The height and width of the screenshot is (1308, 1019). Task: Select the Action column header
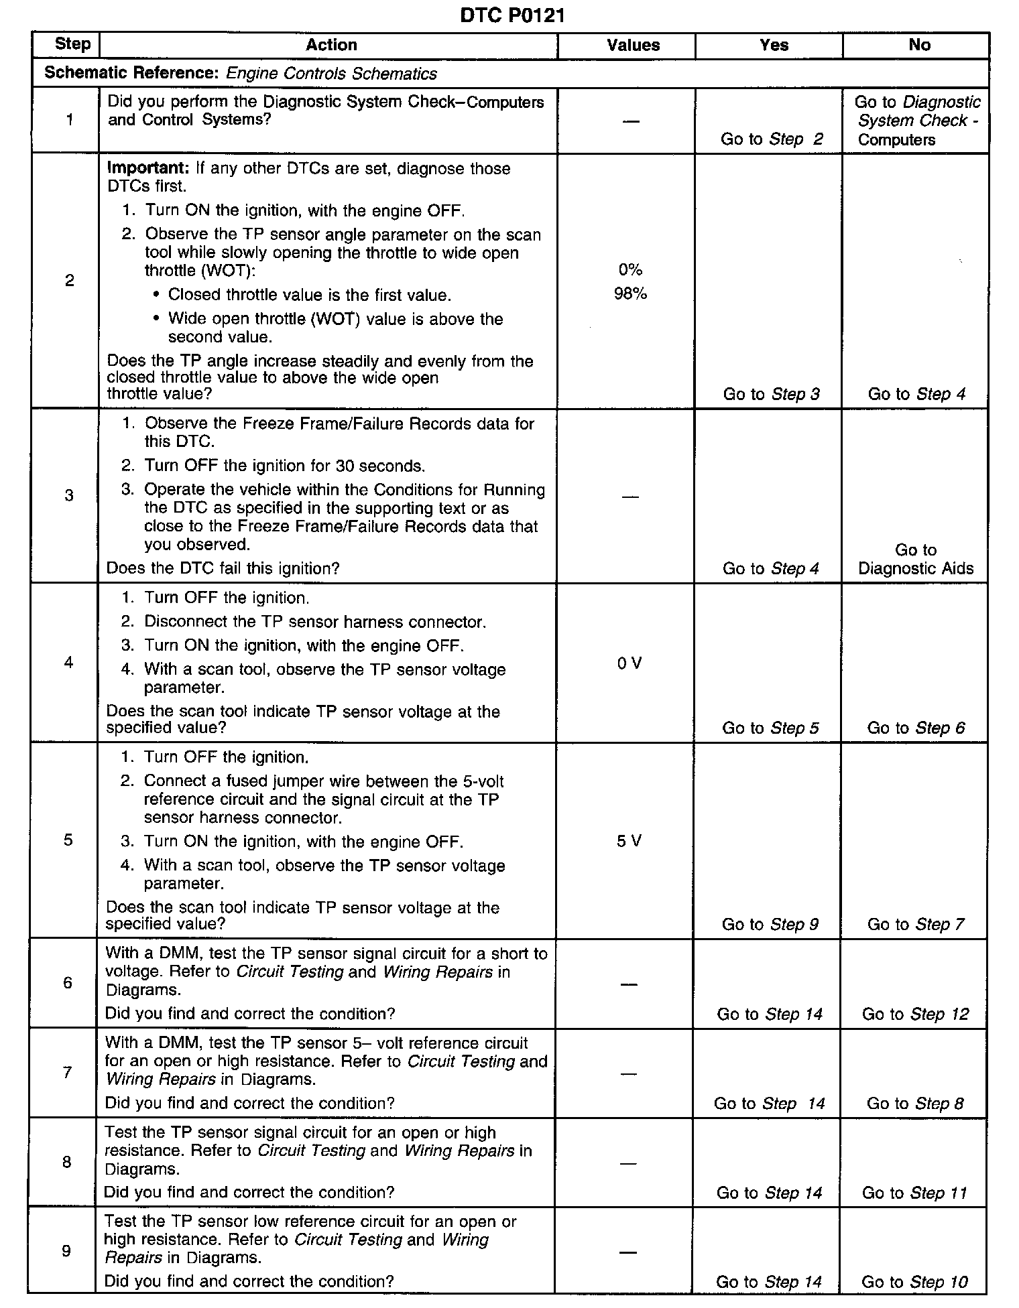coord(331,45)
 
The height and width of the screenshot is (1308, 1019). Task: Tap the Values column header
coord(633,45)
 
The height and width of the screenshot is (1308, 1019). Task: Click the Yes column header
coord(774,45)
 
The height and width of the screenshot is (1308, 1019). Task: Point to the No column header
coord(919,45)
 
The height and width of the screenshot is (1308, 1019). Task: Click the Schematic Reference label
coord(131,73)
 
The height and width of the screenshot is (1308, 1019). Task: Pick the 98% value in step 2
coord(630,293)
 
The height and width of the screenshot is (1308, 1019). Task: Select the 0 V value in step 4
coord(629,663)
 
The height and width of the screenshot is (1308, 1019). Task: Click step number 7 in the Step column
coord(67,1072)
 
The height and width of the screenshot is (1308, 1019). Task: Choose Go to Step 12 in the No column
coord(915,1014)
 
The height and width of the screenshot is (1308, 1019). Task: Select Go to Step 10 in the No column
coord(914,1282)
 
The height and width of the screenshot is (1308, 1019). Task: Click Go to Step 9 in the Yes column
coord(770,924)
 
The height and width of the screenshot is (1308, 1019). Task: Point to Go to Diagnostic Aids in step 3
coord(916,560)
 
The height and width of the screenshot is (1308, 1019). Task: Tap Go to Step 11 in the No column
coord(914,1193)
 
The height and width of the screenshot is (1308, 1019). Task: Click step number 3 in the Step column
coord(68,495)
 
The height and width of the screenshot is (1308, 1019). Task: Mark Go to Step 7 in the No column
coord(915,924)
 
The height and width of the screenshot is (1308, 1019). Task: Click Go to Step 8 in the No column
coord(915,1103)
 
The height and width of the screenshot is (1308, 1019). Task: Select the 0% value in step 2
coord(630,269)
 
